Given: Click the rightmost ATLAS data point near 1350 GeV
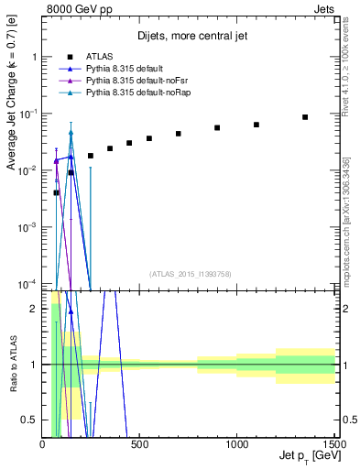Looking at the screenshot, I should [x=305, y=117].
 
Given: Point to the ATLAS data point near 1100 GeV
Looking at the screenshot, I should [x=256, y=125].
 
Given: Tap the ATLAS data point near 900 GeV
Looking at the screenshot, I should [x=217, y=128].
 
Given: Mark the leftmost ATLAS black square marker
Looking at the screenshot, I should [x=57, y=192].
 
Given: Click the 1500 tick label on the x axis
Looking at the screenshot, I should [x=333, y=444].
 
